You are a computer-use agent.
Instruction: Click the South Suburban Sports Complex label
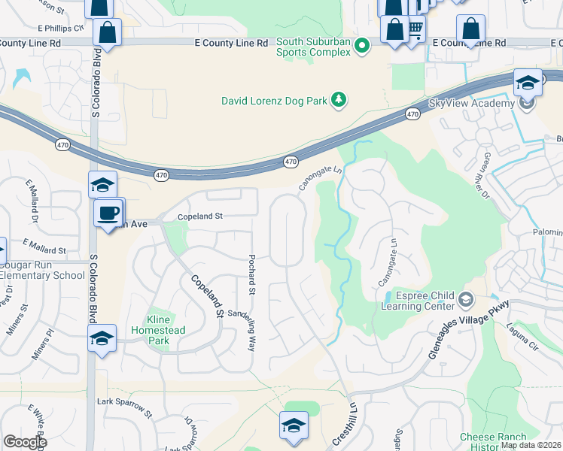point(313,47)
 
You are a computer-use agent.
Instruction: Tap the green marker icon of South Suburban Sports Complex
point(362,47)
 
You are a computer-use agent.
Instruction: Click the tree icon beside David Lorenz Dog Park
point(339,100)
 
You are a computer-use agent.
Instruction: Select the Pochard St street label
point(252,274)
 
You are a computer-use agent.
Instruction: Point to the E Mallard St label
point(44,246)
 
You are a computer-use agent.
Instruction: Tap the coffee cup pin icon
point(108,212)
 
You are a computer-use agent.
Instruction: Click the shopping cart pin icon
point(415,29)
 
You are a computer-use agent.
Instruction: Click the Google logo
point(25,442)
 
